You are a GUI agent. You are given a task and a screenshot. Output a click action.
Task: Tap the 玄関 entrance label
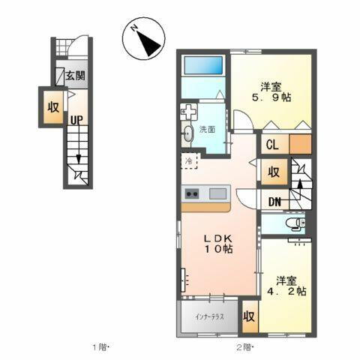click(x=73, y=76)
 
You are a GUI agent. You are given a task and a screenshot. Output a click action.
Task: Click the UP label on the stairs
click(x=76, y=119)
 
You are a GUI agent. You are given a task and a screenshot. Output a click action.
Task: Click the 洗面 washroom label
click(x=207, y=129)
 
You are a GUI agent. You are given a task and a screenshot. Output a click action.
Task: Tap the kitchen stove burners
click(x=191, y=195)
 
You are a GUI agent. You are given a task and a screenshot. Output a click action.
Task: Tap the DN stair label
click(x=274, y=202)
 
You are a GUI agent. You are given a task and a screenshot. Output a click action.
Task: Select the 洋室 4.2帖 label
click(x=289, y=286)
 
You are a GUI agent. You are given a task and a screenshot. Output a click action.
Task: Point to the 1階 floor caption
click(x=102, y=346)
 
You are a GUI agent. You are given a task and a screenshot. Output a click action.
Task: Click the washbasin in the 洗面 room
click(x=187, y=135)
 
